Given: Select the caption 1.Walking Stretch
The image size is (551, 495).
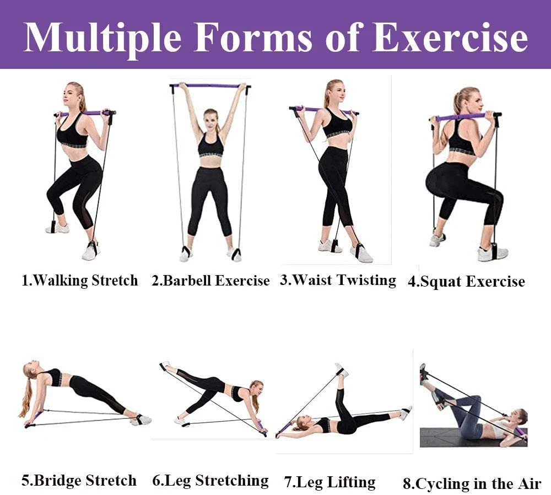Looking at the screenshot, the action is click(80, 281).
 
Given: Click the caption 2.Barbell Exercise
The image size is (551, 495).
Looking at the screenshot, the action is click(210, 281).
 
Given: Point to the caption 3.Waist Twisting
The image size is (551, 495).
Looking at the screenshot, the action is click(338, 281).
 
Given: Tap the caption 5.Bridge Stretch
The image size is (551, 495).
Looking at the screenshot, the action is click(79, 481).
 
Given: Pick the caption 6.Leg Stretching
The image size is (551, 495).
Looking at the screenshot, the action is click(210, 481).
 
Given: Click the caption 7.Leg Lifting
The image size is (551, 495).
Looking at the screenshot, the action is click(329, 482).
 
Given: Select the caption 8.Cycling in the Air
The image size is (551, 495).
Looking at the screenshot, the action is click(472, 484).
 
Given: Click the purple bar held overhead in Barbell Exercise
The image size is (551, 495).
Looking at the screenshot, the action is click(210, 85).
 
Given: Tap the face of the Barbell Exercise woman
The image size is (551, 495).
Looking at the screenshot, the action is click(210, 120).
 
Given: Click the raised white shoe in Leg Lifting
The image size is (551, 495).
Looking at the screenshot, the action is click(342, 370).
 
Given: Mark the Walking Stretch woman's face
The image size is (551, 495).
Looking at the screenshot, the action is click(70, 96).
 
